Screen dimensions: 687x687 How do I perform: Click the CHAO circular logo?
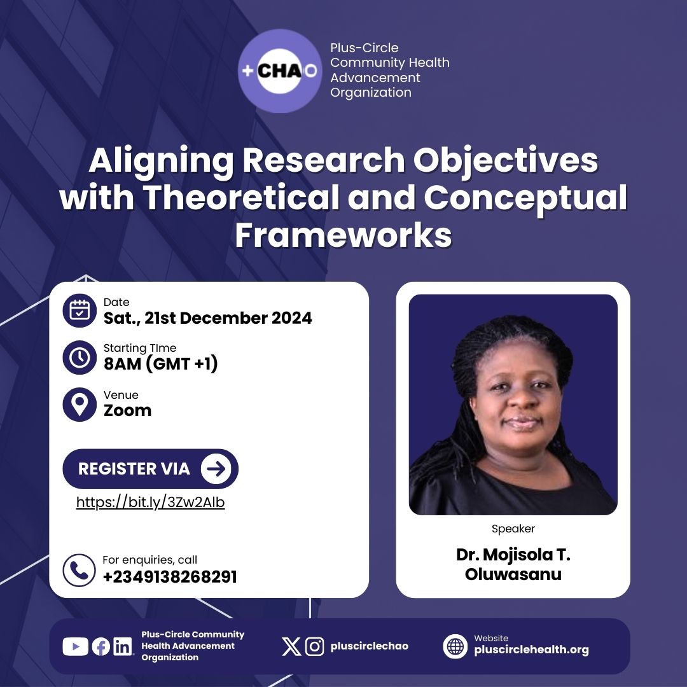point(280,71)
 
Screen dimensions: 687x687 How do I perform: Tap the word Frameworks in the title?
point(343,234)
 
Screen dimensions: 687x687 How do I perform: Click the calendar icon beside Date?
point(80,310)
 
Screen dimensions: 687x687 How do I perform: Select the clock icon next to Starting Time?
point(80,357)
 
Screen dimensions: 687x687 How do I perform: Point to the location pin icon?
point(80,404)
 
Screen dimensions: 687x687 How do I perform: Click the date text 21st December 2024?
point(208,318)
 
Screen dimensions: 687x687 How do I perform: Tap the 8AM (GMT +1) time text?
point(161,364)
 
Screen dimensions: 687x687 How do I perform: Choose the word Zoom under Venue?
point(127,411)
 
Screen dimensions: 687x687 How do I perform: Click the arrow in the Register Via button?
point(216,469)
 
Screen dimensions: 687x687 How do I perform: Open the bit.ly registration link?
point(151,503)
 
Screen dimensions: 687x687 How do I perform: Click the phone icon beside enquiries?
point(79,569)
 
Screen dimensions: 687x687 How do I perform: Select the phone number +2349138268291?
point(170,577)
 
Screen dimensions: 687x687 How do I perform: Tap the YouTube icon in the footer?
point(75,646)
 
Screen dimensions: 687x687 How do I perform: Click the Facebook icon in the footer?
point(101,646)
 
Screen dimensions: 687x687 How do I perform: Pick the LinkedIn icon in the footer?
point(122,646)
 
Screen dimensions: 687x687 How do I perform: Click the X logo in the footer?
point(291,646)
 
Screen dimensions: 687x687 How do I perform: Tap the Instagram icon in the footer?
point(315,646)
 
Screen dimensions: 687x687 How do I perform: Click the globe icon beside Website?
point(455,646)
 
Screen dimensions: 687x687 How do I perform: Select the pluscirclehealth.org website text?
point(531,650)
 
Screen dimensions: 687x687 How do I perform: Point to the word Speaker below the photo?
point(513,529)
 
